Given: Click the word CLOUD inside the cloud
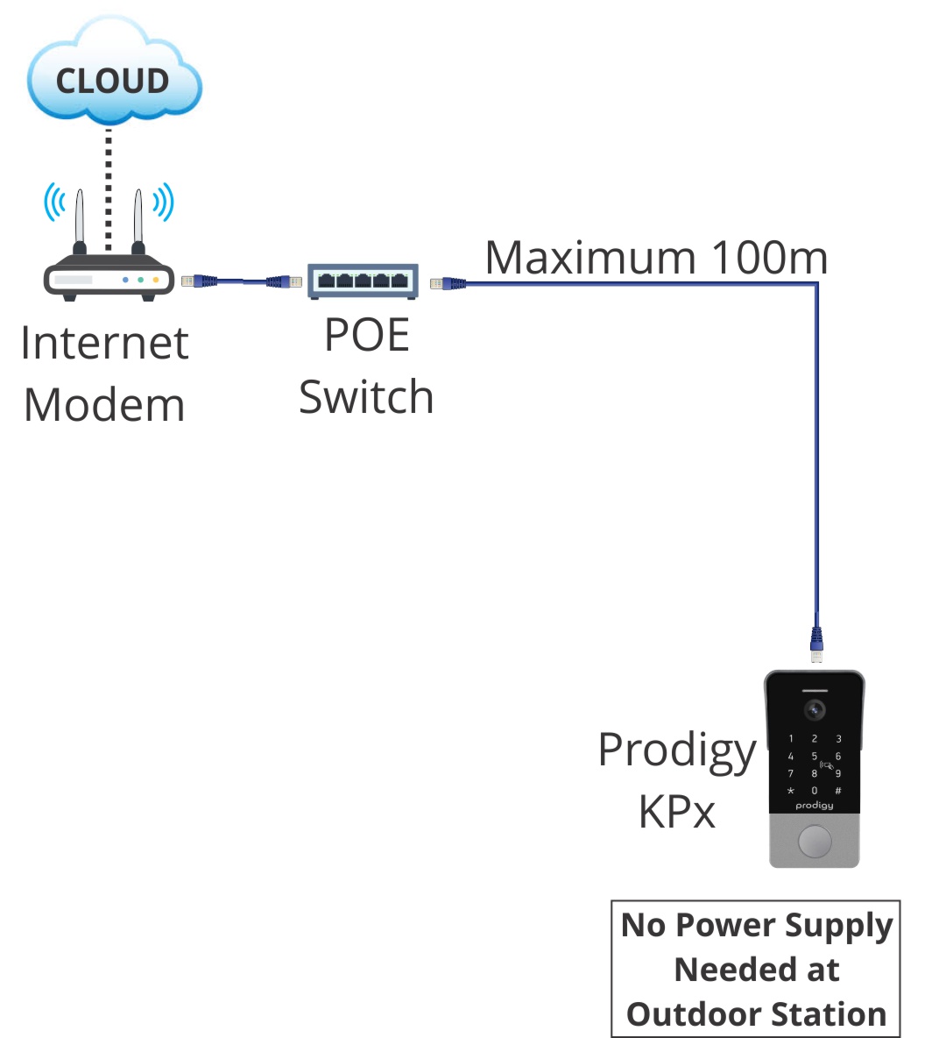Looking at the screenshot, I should point(112,82).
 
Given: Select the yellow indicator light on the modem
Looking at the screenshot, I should point(156,280).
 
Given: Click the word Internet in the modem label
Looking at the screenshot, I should point(104,343).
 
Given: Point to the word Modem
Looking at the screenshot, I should point(104,405).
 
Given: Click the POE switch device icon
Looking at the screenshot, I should point(363,281).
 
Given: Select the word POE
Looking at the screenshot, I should point(367,335).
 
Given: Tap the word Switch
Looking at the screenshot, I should point(366,397).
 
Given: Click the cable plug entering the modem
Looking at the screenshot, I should point(198,281).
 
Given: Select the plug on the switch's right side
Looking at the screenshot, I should point(447,282).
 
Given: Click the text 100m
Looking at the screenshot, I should point(769,258).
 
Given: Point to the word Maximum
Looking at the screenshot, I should point(591,258).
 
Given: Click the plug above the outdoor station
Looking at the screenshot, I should point(816,644).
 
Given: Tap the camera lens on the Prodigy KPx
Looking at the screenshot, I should point(815,708).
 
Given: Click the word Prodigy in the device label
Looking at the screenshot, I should point(677,751).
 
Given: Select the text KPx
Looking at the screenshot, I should point(677,812).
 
